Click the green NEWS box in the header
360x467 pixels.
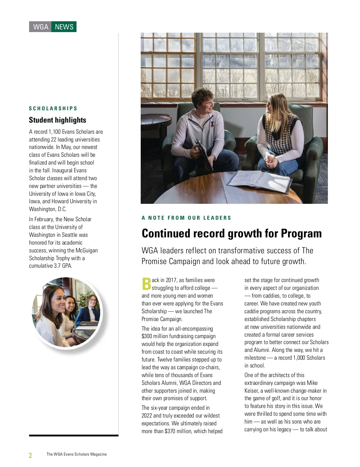click(64, 27)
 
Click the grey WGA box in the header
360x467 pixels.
click(40, 27)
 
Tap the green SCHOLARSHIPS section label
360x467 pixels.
click(53, 109)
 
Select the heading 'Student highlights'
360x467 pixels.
click(58, 120)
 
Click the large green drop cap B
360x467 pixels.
click(146, 284)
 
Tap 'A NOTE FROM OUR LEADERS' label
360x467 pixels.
click(186, 218)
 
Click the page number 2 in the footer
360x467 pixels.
click(30, 455)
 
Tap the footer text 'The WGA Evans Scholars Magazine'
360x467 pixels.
click(76, 454)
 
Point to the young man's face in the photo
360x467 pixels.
click(204, 101)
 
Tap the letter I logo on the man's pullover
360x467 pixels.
click(212, 123)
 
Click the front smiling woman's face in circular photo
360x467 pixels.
click(54, 300)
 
